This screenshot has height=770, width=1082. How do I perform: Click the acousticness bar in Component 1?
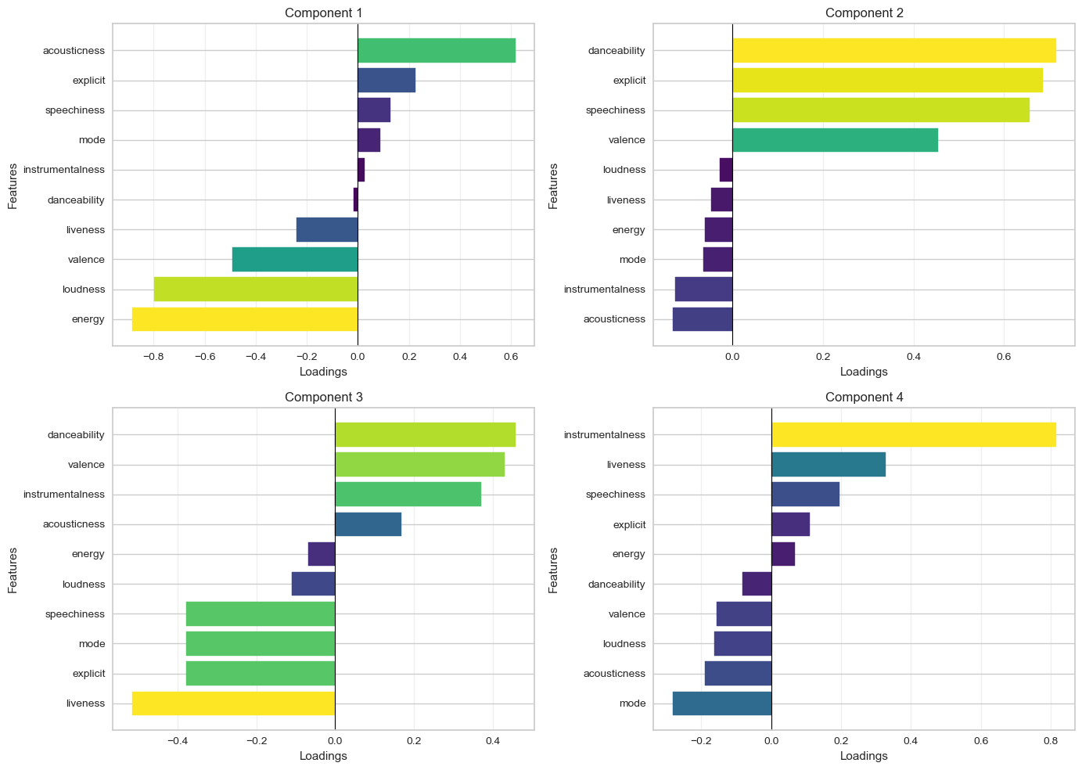(x=436, y=51)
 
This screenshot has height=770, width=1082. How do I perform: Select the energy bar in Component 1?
(x=244, y=319)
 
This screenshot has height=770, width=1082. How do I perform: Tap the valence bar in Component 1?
(x=294, y=260)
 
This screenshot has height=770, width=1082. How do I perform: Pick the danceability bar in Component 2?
(x=893, y=51)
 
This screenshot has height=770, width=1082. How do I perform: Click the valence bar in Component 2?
(x=835, y=140)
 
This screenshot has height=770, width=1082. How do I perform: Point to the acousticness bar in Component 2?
(x=702, y=319)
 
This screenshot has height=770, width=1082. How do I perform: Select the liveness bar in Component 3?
(x=233, y=703)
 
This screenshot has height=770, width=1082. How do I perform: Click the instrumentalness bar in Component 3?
(x=408, y=495)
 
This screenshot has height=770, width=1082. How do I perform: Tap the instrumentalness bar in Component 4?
(x=913, y=435)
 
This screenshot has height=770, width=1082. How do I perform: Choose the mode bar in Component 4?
(x=721, y=703)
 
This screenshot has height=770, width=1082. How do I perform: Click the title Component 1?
(x=323, y=13)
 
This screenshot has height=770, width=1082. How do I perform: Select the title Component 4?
(x=864, y=397)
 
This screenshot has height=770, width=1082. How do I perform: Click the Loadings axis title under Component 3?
(x=323, y=756)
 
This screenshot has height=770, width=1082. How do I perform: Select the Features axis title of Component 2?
(x=554, y=185)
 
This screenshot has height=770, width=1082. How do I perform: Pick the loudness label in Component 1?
(x=84, y=290)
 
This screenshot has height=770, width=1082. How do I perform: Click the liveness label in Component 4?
(x=626, y=465)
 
